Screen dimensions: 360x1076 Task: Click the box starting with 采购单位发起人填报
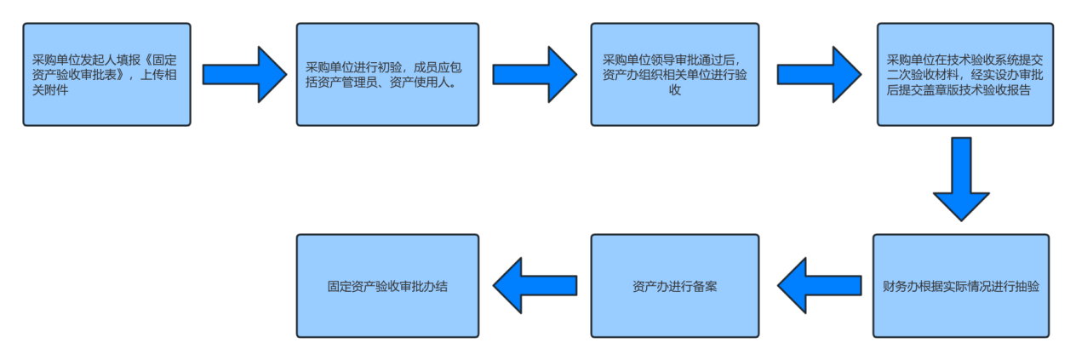[106, 75]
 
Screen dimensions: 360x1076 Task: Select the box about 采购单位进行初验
[387, 75]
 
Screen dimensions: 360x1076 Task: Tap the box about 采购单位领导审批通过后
[674, 75]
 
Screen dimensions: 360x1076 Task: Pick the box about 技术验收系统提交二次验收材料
[964, 75]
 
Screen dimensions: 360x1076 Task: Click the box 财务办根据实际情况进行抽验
[960, 286]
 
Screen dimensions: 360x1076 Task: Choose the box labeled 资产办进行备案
[674, 286]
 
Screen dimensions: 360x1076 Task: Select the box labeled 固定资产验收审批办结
[387, 286]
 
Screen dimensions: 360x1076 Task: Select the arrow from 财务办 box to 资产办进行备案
[817, 286]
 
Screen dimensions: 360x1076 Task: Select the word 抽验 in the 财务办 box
[1025, 286]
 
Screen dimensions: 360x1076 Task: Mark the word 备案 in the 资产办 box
[703, 286]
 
